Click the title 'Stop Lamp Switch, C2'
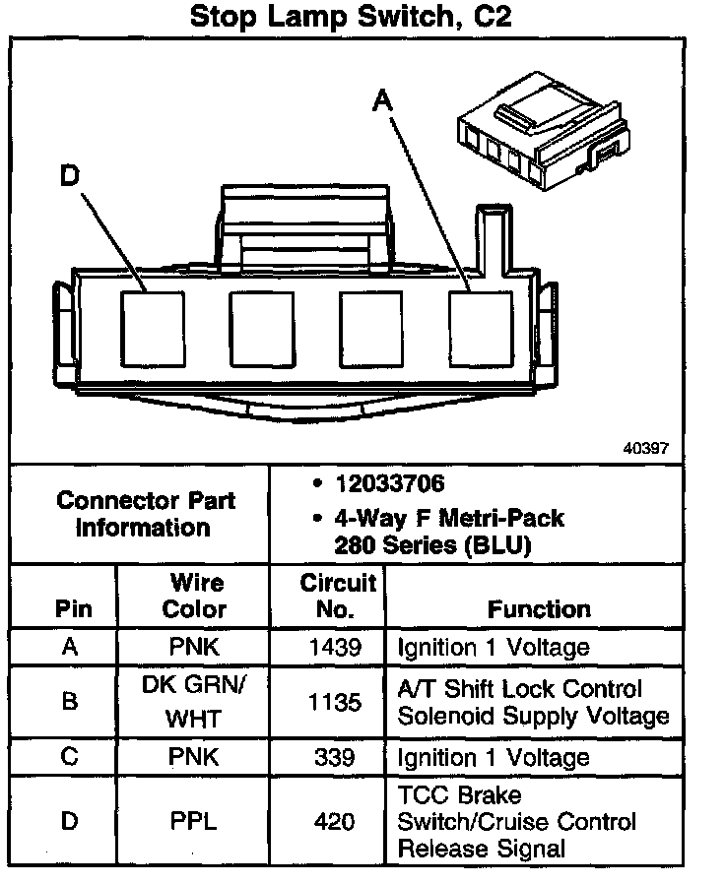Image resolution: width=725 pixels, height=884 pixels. (351, 17)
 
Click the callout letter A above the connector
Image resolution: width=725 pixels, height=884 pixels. (382, 101)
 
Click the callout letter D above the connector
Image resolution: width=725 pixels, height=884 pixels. (70, 175)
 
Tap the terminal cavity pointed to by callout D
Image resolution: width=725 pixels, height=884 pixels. (153, 329)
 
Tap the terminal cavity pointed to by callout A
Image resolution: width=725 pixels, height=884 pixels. (482, 329)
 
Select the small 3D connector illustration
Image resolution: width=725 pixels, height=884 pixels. (543, 130)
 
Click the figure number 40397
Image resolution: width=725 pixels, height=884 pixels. (645, 448)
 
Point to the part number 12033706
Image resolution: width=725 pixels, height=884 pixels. (389, 483)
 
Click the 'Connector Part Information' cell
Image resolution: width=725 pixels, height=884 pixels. (145, 514)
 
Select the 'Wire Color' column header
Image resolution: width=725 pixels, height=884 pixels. (194, 596)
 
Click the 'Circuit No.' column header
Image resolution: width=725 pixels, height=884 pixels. (338, 596)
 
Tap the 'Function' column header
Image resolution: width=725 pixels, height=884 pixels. (539, 609)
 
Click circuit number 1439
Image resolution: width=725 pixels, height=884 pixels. (335, 647)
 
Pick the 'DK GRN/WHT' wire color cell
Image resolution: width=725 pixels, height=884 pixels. (193, 702)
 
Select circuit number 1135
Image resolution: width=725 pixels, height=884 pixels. (335, 703)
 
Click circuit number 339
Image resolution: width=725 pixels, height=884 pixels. (335, 757)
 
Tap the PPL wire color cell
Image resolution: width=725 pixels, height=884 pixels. (193, 821)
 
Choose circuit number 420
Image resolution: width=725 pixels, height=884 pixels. (335, 821)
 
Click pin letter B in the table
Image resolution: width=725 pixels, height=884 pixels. (69, 702)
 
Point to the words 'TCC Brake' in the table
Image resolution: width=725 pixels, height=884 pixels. (459, 795)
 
